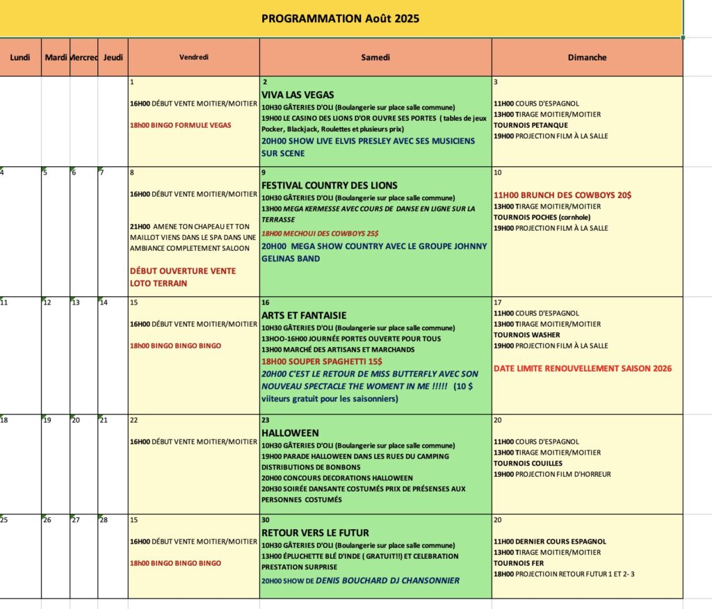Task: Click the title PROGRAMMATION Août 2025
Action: tap(340, 19)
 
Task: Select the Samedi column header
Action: tap(375, 58)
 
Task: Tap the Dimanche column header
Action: tap(587, 58)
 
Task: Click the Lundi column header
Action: tap(20, 58)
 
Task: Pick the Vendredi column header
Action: tap(193, 58)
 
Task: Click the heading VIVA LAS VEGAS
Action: tap(298, 95)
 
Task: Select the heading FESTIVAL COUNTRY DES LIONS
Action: tap(330, 186)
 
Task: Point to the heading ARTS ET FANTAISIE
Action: tap(304, 316)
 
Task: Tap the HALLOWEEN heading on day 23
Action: tap(290, 433)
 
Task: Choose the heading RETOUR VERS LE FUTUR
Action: tap(315, 533)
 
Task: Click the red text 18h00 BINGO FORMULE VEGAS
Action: tap(181, 125)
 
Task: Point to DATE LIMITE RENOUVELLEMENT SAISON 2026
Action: tap(583, 368)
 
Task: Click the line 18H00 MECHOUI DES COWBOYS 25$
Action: tap(320, 233)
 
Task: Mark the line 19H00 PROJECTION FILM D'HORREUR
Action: tap(552, 474)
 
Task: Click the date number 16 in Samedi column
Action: tap(266, 303)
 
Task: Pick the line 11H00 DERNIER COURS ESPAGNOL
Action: tap(550, 542)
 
